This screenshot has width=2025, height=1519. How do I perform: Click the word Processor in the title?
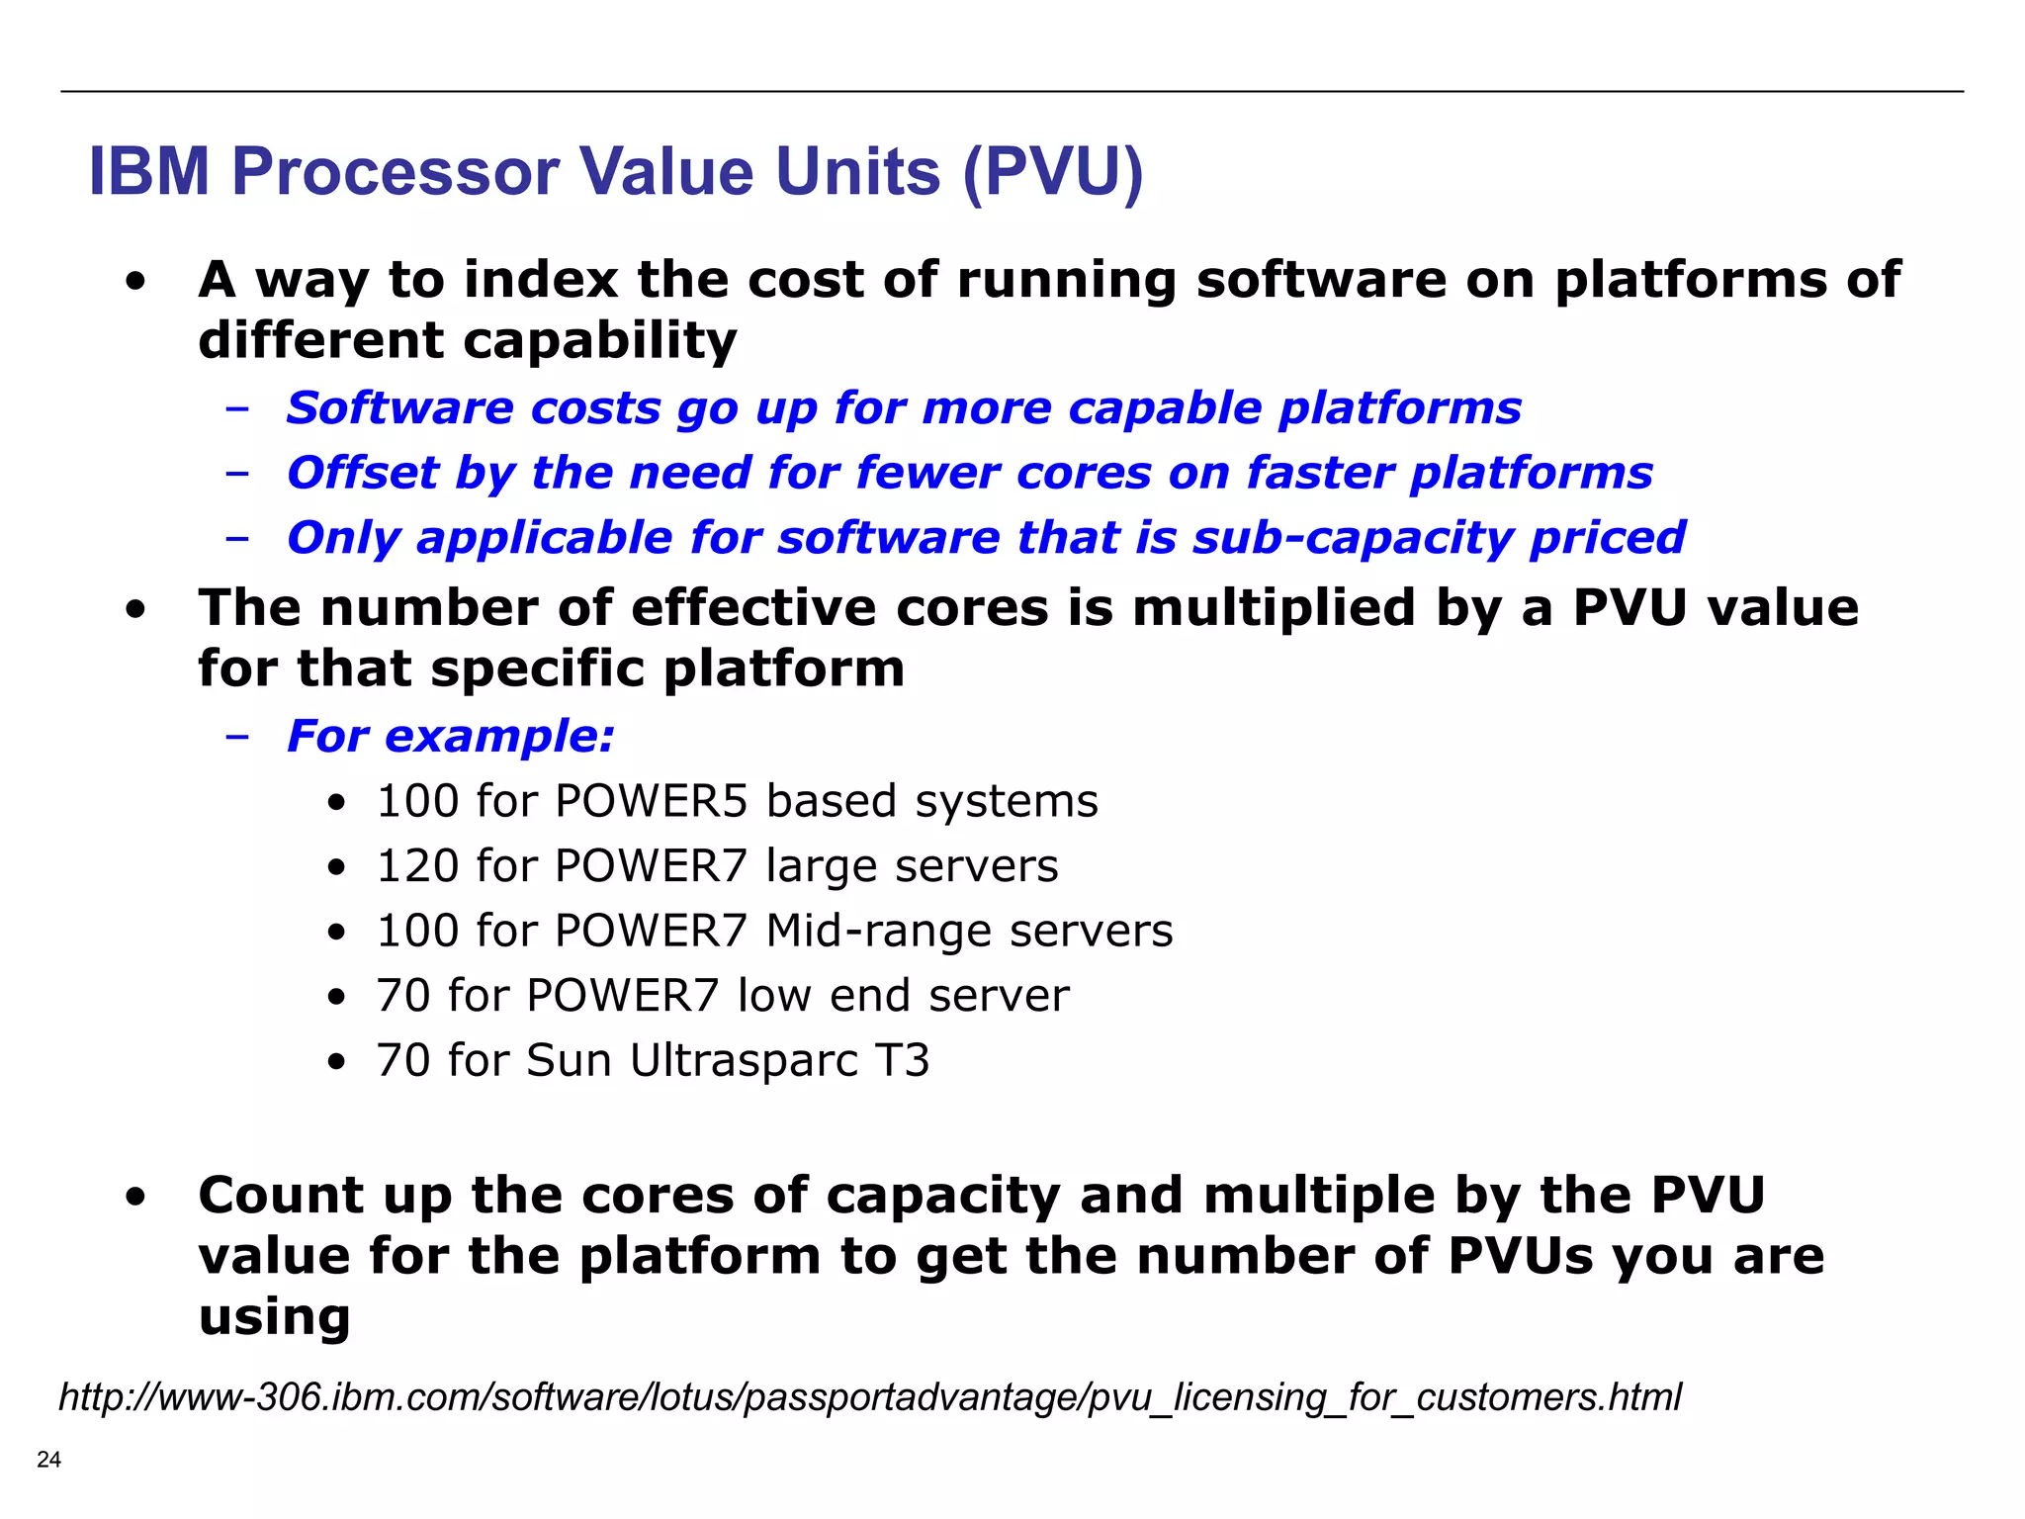coord(396,172)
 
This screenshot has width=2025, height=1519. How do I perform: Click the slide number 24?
coord(48,1459)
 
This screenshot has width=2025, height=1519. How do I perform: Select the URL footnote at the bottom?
coord(869,1396)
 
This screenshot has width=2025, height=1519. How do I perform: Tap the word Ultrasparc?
coord(745,1061)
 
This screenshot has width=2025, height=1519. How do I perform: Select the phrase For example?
coord(450,737)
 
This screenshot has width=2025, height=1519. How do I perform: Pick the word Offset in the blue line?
coord(362,473)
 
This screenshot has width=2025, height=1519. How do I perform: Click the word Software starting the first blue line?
coord(398,408)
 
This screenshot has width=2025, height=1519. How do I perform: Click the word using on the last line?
coord(274,1318)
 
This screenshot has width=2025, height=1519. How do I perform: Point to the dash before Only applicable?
coord(236,538)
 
